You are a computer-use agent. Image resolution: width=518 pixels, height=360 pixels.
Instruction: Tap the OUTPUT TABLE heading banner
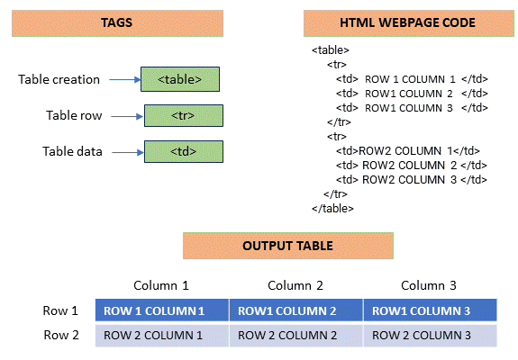(287, 246)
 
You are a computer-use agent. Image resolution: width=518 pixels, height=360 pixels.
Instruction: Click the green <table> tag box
(180, 79)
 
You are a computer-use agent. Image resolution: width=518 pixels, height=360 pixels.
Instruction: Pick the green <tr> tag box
(183, 115)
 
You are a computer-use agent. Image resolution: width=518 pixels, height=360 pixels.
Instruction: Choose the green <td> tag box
(183, 150)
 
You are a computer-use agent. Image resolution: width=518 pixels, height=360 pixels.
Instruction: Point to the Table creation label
(59, 79)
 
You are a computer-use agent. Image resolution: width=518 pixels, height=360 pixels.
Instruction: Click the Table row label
(73, 115)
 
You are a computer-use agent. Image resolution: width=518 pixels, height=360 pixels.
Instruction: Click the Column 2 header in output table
(295, 285)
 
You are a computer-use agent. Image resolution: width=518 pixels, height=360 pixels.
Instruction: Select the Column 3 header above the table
(429, 285)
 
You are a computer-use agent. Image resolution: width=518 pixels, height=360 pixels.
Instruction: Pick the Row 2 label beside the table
(62, 336)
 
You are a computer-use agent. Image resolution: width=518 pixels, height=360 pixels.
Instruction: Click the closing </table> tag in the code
(332, 208)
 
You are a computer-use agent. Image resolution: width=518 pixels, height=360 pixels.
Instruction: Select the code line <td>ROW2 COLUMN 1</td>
(408, 150)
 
